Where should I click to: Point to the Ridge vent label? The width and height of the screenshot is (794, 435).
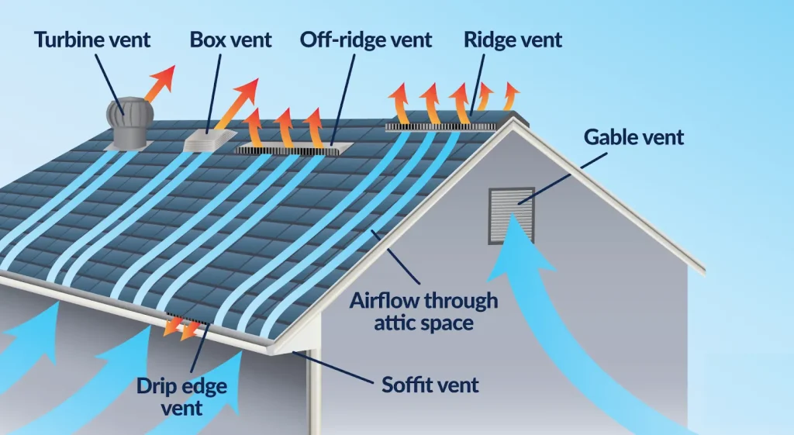tap(513, 40)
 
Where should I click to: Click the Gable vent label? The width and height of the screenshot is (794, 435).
tap(634, 137)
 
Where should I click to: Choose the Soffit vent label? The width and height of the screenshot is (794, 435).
tap(430, 384)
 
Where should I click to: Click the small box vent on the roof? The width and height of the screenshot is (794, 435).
tap(209, 139)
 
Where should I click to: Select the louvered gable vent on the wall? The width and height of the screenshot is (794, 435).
tap(512, 213)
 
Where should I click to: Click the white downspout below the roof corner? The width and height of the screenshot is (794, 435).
tap(314, 395)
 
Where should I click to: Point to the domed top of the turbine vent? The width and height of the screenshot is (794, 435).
tap(129, 111)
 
